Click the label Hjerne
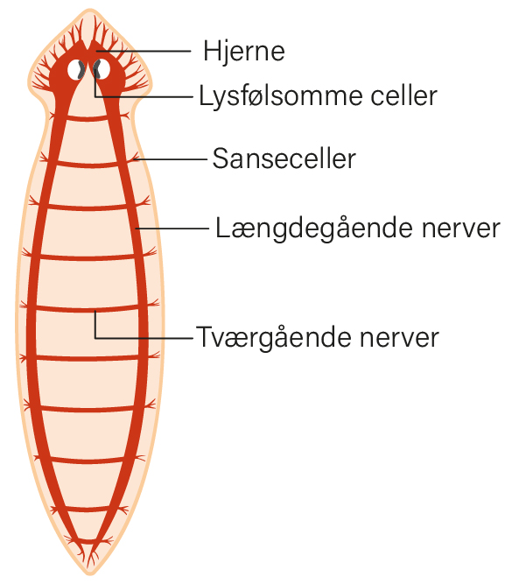(x=244, y=52)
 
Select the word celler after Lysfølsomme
(x=403, y=95)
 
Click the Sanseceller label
(x=284, y=158)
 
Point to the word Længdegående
(x=314, y=229)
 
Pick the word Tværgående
(x=274, y=337)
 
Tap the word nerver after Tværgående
(x=399, y=338)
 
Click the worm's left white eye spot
(x=76, y=70)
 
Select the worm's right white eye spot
(x=102, y=69)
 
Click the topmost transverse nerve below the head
(x=88, y=119)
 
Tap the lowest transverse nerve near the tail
(x=88, y=509)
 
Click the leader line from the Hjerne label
(x=144, y=51)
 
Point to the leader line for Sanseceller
(x=171, y=159)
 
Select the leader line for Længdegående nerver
(x=172, y=229)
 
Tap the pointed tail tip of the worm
(x=89, y=574)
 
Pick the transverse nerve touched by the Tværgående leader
(x=88, y=309)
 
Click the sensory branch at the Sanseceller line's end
(x=134, y=158)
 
